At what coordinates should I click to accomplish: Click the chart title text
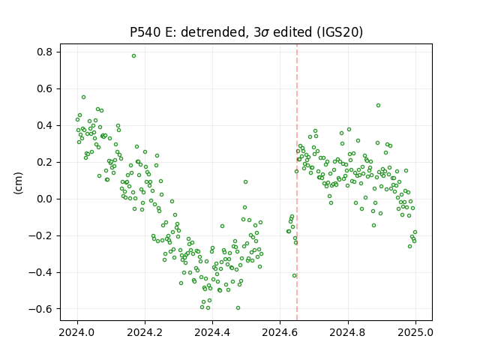point(246,32)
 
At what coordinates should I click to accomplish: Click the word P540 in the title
point(145,32)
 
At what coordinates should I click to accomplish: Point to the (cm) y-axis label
point(18,183)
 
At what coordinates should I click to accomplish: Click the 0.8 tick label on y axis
point(45,52)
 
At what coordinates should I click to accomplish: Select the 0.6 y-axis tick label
point(45,88)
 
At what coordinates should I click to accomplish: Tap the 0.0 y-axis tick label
point(45,199)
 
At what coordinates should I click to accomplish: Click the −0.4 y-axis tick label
point(40,272)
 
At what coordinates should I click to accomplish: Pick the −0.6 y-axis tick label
point(40,309)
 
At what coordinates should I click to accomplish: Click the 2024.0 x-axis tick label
point(77,332)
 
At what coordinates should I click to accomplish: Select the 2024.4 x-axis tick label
point(212,332)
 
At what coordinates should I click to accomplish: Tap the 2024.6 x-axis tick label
point(280,332)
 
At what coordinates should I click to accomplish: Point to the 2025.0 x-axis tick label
point(415,332)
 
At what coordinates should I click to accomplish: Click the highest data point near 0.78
point(133,55)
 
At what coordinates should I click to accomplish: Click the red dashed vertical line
point(297,182)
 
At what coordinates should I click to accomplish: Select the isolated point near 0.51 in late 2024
point(378,105)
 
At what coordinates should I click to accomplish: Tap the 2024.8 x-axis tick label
point(347,332)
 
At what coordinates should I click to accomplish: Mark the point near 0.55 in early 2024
point(83,97)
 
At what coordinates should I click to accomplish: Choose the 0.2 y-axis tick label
point(45,162)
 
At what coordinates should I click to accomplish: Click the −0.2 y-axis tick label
point(40,235)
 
